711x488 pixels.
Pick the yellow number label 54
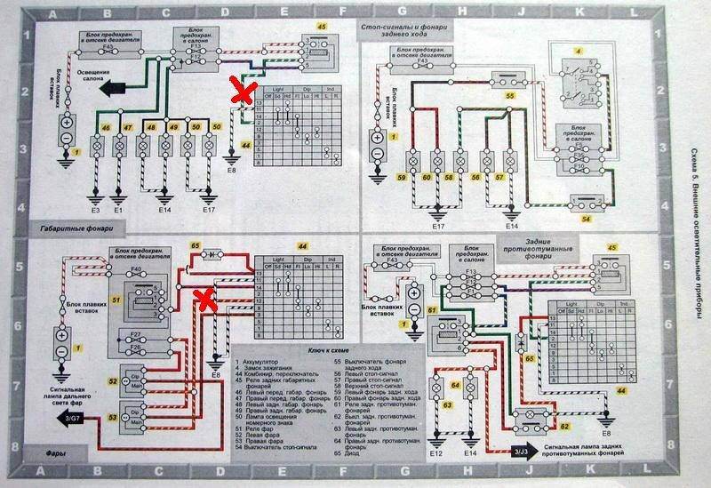pos(586,217)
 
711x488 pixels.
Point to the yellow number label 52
pos(113,382)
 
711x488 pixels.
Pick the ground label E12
pos(436,453)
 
